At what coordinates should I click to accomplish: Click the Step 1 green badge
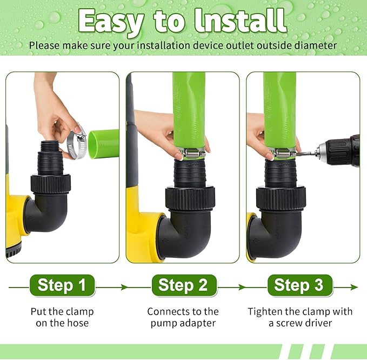pyautogui.click(x=62, y=285)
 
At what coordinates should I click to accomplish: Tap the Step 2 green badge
pyautogui.click(x=184, y=285)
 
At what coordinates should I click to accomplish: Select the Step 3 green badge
pyautogui.click(x=300, y=285)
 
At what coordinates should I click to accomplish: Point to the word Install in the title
pyautogui.click(x=241, y=21)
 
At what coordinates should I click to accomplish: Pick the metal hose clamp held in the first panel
pyautogui.click(x=77, y=142)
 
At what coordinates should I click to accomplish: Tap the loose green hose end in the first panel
pyautogui.click(x=103, y=143)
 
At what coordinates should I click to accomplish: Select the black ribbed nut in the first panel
pyautogui.click(x=51, y=183)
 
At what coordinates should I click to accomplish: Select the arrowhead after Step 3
pyautogui.click(x=355, y=287)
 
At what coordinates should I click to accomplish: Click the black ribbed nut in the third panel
pyautogui.click(x=281, y=198)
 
